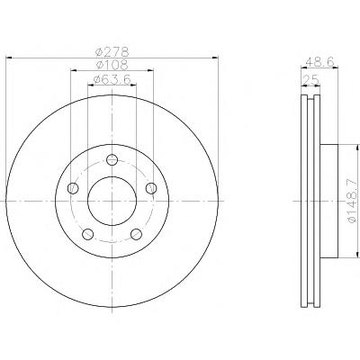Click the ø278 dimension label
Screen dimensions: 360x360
(x=112, y=52)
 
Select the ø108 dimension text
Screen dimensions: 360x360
(x=112, y=65)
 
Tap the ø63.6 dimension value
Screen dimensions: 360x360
(x=112, y=79)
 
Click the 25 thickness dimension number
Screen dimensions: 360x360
(x=310, y=80)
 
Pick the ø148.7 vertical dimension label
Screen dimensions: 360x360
(x=352, y=202)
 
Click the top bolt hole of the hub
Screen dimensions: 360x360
(x=112, y=159)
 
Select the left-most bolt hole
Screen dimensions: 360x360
(x=73, y=188)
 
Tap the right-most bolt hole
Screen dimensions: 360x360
(x=151, y=188)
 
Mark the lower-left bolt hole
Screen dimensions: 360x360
(x=87, y=234)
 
